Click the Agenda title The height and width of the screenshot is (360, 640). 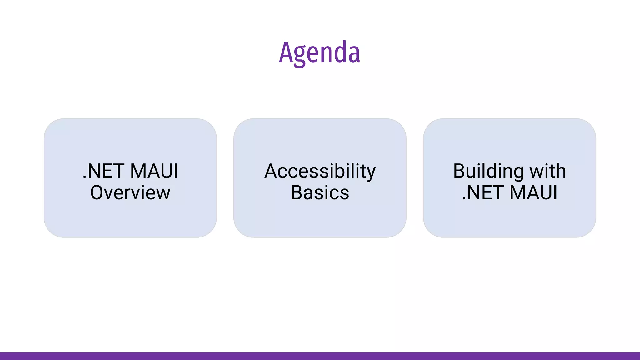pyautogui.click(x=319, y=52)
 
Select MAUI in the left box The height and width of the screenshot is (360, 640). pyautogui.click(x=154, y=171)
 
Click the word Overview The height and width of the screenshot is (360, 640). pyautogui.click(x=130, y=192)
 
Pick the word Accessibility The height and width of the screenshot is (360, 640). pyautogui.click(x=320, y=171)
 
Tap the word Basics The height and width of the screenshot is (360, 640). pyautogui.click(x=320, y=192)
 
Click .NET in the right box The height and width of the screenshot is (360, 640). pyautogui.click(x=483, y=192)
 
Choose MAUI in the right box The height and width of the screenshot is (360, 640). pyautogui.click(x=534, y=192)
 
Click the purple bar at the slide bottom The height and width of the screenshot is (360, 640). pyautogui.click(x=320, y=356)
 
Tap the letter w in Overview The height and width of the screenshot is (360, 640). pyautogui.click(x=163, y=194)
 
